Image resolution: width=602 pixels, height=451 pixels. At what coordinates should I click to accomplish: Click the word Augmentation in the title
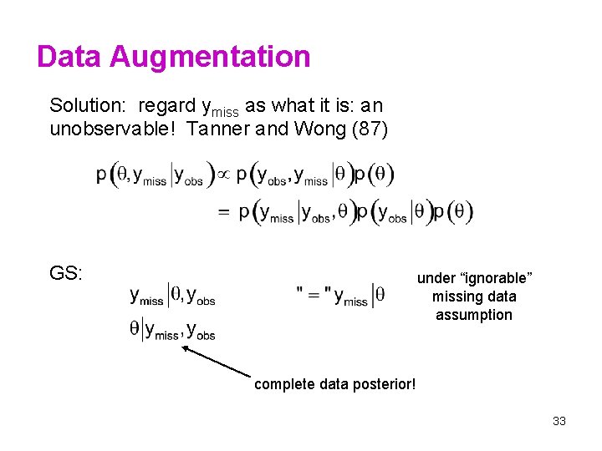click(210, 57)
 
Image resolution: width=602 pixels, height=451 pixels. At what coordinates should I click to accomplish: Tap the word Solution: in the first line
click(87, 106)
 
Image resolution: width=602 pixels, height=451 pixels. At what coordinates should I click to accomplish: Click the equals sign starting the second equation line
click(223, 212)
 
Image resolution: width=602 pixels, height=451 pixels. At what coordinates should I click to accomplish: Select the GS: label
click(66, 273)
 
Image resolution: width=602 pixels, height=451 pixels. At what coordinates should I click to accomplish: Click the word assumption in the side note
click(474, 315)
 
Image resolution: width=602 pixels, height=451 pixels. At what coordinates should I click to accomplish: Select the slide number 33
click(559, 421)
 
